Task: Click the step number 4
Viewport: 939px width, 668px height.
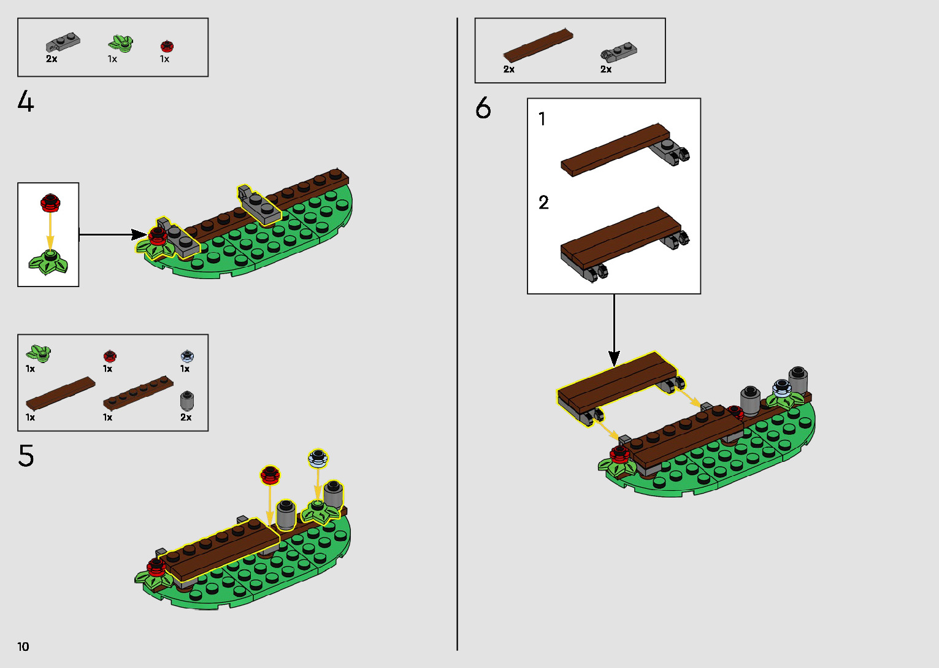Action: (26, 102)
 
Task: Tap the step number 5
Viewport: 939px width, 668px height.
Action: (26, 456)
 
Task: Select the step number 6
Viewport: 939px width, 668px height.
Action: (483, 108)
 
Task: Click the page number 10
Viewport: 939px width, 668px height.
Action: (23, 647)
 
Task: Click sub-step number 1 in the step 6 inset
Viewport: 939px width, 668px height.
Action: (542, 118)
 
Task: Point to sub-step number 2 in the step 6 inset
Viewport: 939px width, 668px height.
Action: (543, 202)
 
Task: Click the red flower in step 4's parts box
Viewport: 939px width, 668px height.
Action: (167, 46)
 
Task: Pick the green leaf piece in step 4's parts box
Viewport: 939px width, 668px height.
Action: (121, 44)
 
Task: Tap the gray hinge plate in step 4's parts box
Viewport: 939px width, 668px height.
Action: (63, 43)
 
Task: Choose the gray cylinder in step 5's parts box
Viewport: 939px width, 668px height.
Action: (187, 401)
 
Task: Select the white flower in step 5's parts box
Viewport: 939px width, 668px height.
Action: (187, 356)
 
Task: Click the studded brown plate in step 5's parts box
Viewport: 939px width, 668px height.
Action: (138, 393)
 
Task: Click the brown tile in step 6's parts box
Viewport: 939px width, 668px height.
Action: (538, 45)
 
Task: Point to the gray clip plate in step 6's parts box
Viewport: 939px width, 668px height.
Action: (618, 53)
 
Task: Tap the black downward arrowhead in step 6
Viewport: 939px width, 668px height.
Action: (614, 358)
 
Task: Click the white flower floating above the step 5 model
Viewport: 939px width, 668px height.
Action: (318, 458)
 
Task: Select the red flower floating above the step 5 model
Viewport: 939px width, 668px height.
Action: (270, 474)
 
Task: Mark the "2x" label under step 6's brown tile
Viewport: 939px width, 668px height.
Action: (509, 69)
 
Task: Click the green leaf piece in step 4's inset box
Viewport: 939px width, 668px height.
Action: (49, 263)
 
